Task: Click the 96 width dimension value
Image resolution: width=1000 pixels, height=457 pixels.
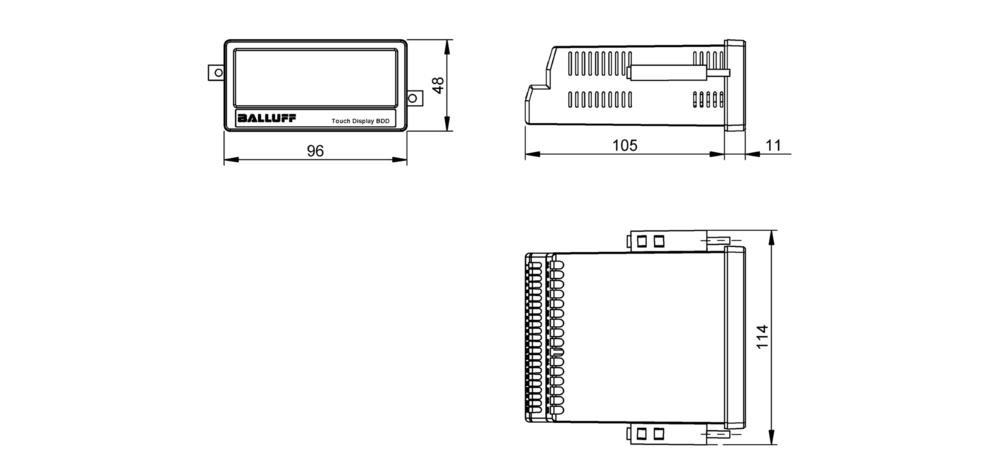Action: [314, 151]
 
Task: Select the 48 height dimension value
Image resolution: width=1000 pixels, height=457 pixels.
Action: [438, 85]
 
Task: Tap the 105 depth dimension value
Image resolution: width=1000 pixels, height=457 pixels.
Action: [625, 145]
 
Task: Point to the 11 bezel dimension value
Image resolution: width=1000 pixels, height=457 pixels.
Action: [773, 145]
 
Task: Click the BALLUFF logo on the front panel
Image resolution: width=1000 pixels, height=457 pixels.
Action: [266, 119]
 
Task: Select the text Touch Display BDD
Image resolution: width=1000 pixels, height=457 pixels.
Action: [360, 121]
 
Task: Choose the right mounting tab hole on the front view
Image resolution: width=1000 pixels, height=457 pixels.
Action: [414, 97]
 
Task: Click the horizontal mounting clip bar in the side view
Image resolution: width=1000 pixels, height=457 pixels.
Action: [667, 72]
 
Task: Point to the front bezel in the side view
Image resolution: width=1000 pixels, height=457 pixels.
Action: [735, 85]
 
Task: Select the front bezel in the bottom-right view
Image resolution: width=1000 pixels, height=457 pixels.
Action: [735, 338]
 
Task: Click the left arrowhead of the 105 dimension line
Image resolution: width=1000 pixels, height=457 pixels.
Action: [530, 154]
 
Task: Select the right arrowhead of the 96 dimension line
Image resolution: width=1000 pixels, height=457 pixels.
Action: [401, 159]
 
